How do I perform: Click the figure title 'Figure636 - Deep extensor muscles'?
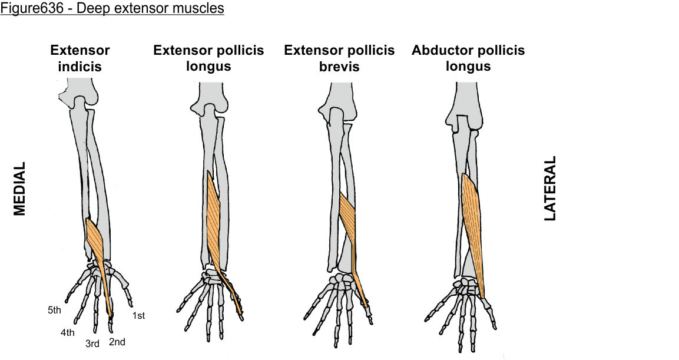pos(112,9)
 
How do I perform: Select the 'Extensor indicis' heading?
pos(80,58)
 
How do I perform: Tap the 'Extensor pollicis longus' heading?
pos(208,58)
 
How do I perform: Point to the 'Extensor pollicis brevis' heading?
pos(339,58)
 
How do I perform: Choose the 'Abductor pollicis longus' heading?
pos(468,58)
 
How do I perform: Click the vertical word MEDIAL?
pos(20,189)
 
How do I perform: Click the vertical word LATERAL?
pos(550,189)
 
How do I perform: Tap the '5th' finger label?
pos(55,309)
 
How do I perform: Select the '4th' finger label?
pos(67,333)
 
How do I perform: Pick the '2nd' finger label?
pos(117,342)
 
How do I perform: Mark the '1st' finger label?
pos(138,316)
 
